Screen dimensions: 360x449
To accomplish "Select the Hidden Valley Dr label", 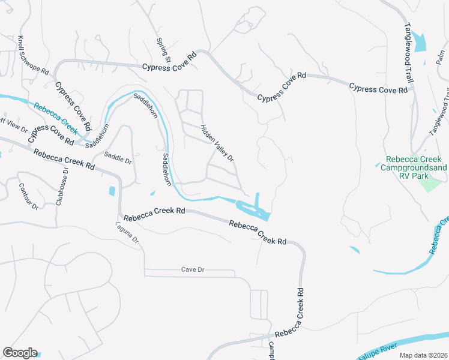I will tap(216, 142).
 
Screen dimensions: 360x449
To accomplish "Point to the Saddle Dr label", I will tap(118, 159).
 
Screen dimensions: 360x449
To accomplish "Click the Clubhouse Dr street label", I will tap(62, 186).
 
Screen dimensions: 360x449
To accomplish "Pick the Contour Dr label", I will tap(28, 196).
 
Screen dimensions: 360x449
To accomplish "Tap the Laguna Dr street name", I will tap(127, 233).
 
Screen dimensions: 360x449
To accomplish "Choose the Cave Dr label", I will tap(193, 269).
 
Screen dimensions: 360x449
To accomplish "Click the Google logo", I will tap(19, 353).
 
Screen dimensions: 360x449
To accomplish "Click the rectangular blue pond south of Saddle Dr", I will tap(112, 191).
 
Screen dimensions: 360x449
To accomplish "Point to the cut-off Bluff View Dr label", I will tap(13, 128).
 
